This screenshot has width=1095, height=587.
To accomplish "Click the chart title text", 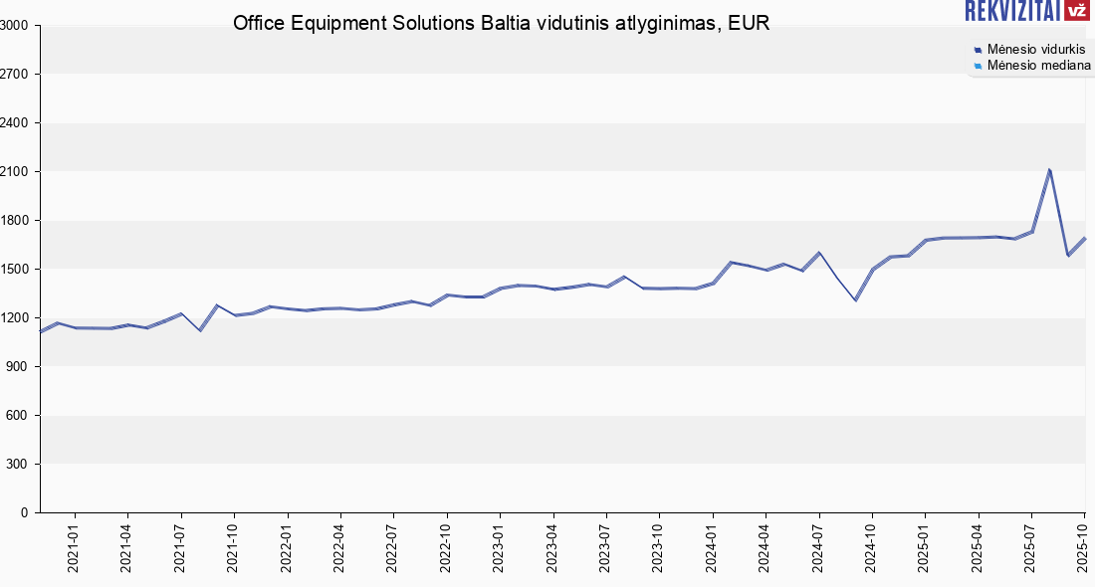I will (501, 23).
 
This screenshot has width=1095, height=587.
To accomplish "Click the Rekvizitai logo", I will (1028, 11).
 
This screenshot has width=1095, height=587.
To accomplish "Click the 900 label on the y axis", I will (20, 367).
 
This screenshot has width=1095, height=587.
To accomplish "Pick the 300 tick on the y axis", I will (20, 465).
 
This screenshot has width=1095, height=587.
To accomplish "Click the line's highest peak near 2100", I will (1049, 170).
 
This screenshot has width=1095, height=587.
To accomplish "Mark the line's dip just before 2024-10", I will (855, 299).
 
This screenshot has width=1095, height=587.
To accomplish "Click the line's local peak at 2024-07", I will (818, 253).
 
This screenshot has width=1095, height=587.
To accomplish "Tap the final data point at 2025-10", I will (1084, 239).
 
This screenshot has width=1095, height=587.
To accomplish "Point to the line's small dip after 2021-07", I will (200, 329).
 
